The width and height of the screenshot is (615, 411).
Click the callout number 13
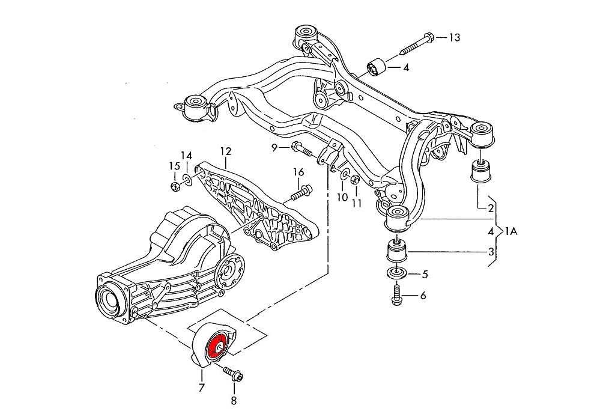(454, 38)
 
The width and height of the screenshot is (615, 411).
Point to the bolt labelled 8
(232, 375)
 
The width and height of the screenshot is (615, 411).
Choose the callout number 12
(225, 151)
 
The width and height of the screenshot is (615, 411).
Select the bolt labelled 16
(301, 193)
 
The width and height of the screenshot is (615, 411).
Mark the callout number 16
(298, 172)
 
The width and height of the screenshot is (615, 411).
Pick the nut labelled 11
(354, 179)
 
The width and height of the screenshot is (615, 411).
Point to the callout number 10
(342, 196)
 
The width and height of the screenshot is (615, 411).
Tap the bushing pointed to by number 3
(396, 250)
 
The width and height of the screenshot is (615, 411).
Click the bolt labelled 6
(396, 295)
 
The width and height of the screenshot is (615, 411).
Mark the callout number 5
(424, 275)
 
